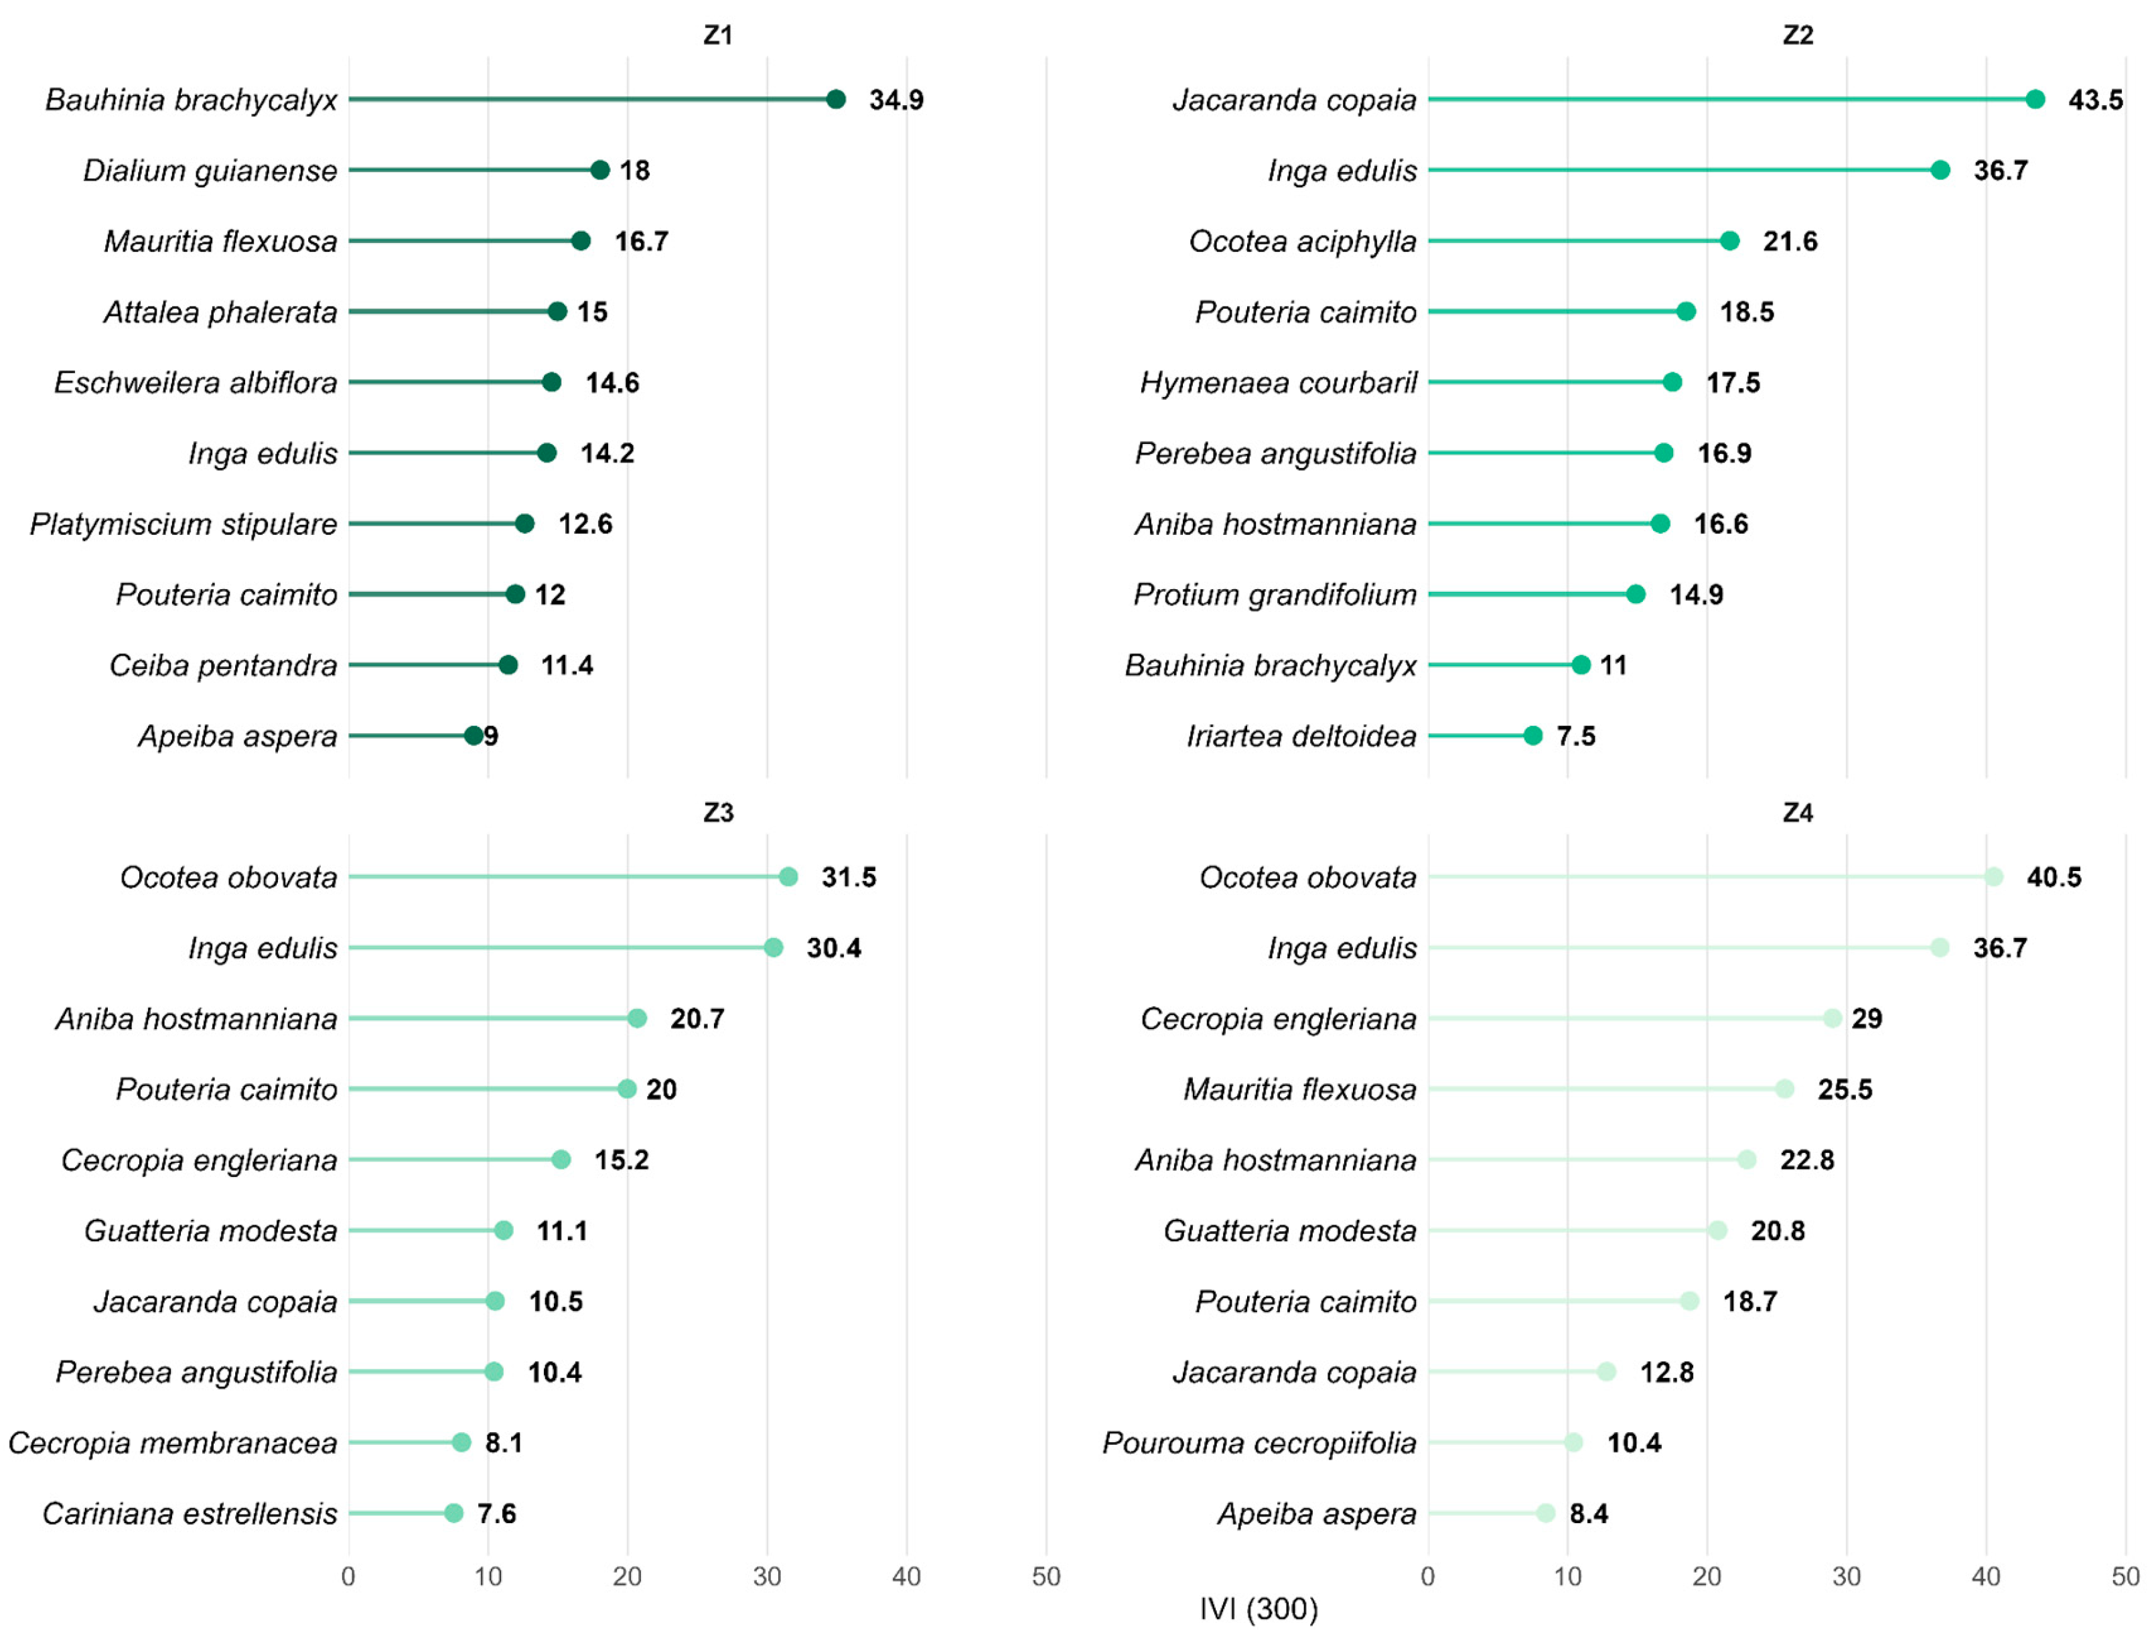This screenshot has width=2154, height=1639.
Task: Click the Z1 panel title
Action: (x=717, y=35)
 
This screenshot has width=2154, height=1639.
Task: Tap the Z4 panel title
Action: (x=1797, y=813)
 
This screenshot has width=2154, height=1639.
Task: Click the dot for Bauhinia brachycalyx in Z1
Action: (x=835, y=98)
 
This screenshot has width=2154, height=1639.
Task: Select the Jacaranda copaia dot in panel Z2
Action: (x=2034, y=98)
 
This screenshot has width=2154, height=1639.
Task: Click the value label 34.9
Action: (x=896, y=100)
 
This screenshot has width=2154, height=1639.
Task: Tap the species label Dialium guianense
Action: (x=210, y=171)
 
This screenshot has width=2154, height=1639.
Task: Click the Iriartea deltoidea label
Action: (x=1301, y=736)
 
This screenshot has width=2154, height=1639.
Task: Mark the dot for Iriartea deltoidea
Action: (x=1532, y=736)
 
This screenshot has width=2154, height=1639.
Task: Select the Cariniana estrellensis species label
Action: (x=190, y=1513)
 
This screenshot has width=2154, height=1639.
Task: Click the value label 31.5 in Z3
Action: (x=848, y=877)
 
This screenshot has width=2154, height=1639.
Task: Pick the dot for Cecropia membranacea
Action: (x=461, y=1442)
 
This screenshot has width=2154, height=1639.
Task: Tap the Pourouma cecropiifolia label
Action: (x=1259, y=1443)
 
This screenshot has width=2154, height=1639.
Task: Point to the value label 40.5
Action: (x=2054, y=877)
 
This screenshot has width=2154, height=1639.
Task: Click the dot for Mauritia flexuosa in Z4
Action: (x=1784, y=1089)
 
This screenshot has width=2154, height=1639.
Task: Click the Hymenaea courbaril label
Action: (x=1279, y=382)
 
